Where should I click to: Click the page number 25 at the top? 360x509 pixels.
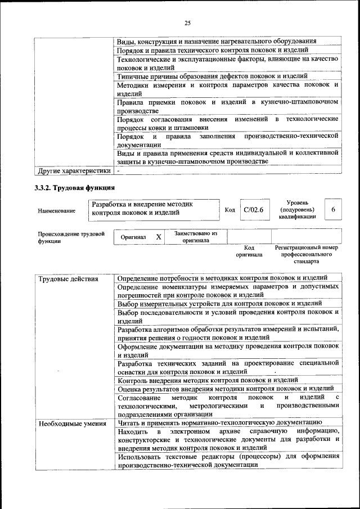(187, 22)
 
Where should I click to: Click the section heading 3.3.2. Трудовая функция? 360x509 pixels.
(75, 187)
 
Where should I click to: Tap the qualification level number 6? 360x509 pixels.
(333, 210)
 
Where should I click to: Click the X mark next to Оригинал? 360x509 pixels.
(159, 237)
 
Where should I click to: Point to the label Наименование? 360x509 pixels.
(56, 211)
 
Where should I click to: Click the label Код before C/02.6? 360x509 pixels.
(229, 210)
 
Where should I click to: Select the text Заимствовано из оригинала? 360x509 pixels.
(196, 237)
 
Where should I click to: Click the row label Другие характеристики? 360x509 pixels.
(74, 170)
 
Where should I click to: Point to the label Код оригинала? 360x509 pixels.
(250, 251)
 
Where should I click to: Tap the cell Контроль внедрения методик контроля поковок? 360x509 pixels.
(215, 380)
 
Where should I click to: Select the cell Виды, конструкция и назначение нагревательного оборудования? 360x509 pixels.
(216, 41)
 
